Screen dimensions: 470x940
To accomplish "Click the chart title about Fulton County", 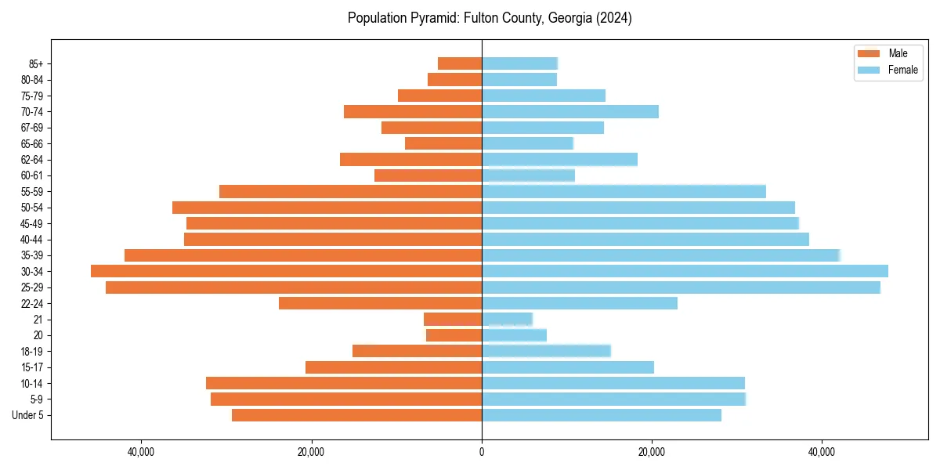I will tap(490, 18).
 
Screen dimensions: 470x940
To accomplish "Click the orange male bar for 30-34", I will tap(286, 271).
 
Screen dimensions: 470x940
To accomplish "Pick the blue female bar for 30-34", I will tap(685, 271).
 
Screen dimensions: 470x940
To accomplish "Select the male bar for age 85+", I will tap(460, 63).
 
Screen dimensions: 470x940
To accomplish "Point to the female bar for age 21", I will tap(507, 319).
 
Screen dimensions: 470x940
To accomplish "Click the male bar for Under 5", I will tap(356, 415).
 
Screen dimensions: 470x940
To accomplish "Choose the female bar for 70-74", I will tap(569, 111).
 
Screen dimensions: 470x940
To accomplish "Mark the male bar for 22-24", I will tap(380, 303).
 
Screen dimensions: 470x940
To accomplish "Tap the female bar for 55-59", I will tap(624, 191).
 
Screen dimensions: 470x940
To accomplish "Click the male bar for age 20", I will tap(454, 335).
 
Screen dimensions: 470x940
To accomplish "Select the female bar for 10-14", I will tap(613, 383).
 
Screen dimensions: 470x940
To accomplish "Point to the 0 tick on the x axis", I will tap(482, 452).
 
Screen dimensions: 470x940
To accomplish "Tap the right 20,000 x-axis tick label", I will tap(652, 452).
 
